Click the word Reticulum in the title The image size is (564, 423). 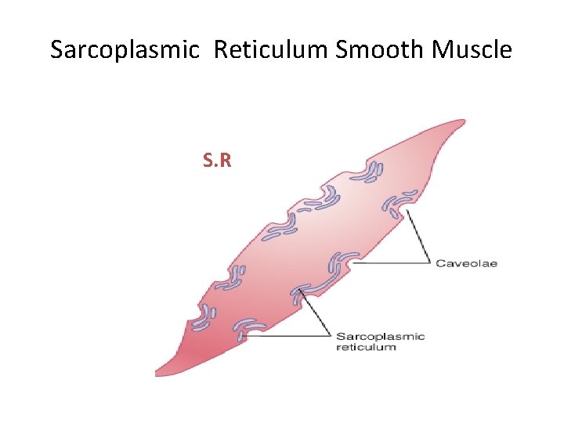(271, 50)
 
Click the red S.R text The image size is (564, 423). (216, 161)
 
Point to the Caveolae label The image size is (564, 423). (466, 263)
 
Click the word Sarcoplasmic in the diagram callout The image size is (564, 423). (380, 336)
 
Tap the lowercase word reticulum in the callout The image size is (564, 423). (366, 346)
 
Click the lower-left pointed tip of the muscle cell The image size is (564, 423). (157, 374)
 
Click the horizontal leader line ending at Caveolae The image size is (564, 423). (392, 263)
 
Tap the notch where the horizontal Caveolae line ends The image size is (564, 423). (352, 263)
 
